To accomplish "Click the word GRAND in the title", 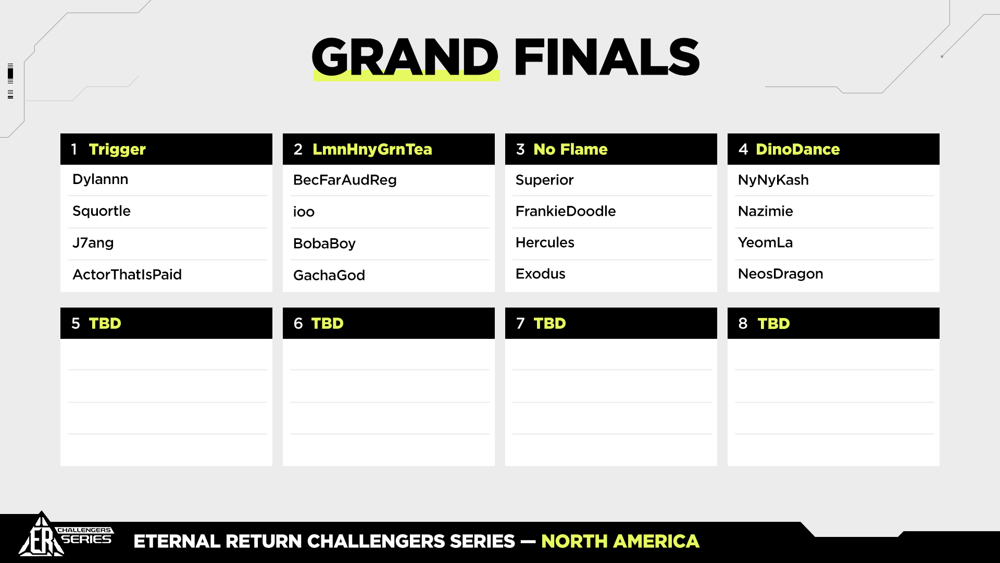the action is pyautogui.click(x=405, y=57).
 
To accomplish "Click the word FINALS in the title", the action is pyautogui.click(x=607, y=57).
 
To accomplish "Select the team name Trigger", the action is pyautogui.click(x=117, y=150).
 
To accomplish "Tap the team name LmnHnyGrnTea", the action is pyautogui.click(x=372, y=150).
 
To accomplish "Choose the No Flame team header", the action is pyautogui.click(x=571, y=150).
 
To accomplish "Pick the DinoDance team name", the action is pyautogui.click(x=798, y=150).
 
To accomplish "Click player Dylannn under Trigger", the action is pyautogui.click(x=101, y=180).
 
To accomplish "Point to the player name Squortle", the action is pyautogui.click(x=102, y=211).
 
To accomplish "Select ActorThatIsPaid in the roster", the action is pyautogui.click(x=127, y=274).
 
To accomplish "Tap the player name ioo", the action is pyautogui.click(x=304, y=212).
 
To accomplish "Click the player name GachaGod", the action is pyautogui.click(x=329, y=275).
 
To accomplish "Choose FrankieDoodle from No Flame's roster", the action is pyautogui.click(x=566, y=211).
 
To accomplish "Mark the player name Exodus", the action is pyautogui.click(x=541, y=274).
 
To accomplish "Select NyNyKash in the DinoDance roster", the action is pyautogui.click(x=773, y=180).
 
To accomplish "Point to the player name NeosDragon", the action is pyautogui.click(x=781, y=274).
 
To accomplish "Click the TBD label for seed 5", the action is pyautogui.click(x=105, y=324).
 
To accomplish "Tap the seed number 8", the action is pyautogui.click(x=743, y=324).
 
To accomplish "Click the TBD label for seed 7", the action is pyautogui.click(x=550, y=324).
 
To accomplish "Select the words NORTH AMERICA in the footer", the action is pyautogui.click(x=620, y=542).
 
